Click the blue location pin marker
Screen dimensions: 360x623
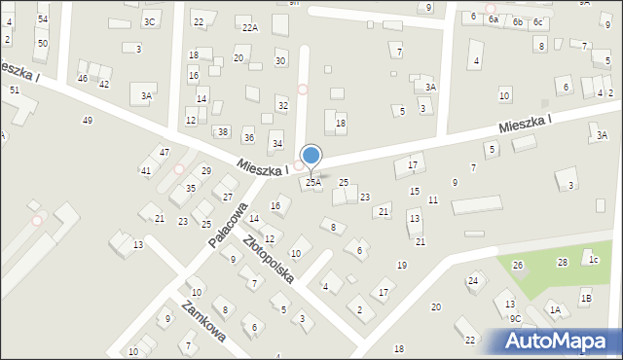coord(311,156)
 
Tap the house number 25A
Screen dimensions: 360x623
coord(313,182)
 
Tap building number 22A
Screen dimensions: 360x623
coord(250,28)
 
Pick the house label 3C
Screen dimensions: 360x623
coord(149,21)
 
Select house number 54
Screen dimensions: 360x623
coord(43,19)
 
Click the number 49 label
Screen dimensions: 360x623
coord(88,120)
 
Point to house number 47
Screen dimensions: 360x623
coord(165,152)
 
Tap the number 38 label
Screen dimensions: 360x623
coord(223,131)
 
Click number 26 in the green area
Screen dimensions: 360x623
coord(518,265)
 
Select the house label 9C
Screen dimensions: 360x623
coord(516,318)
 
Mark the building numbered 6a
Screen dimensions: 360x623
coord(494,19)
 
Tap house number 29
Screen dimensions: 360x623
coord(206,170)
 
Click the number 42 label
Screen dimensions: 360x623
coord(104,85)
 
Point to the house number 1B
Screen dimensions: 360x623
coord(586,298)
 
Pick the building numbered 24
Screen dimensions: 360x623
coord(473,280)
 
